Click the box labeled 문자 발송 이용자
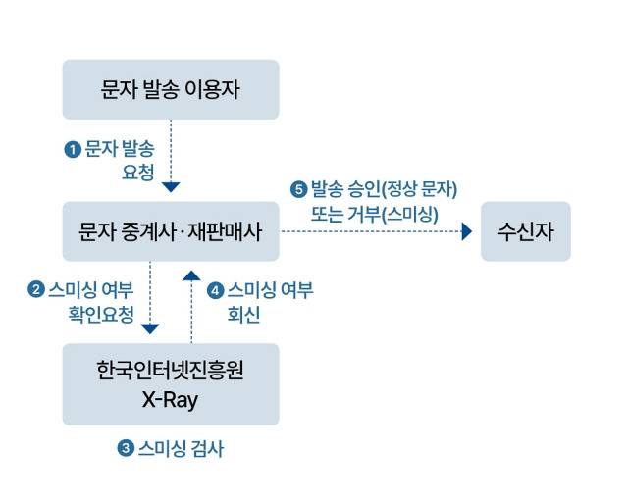pyautogui.click(x=171, y=89)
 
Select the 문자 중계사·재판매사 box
pyautogui.click(x=171, y=231)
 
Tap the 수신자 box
pyautogui.click(x=525, y=231)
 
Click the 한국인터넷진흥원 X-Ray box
pyautogui.click(x=171, y=383)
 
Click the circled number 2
pyautogui.click(x=35, y=289)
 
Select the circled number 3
pyautogui.click(x=125, y=449)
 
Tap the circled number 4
pyautogui.click(x=215, y=290)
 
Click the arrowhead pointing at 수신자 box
pyautogui.click(x=467, y=231)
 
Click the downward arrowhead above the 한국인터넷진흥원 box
pyautogui.click(x=150, y=328)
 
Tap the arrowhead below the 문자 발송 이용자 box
pyautogui.click(x=171, y=186)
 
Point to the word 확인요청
pyautogui.click(x=101, y=315)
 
